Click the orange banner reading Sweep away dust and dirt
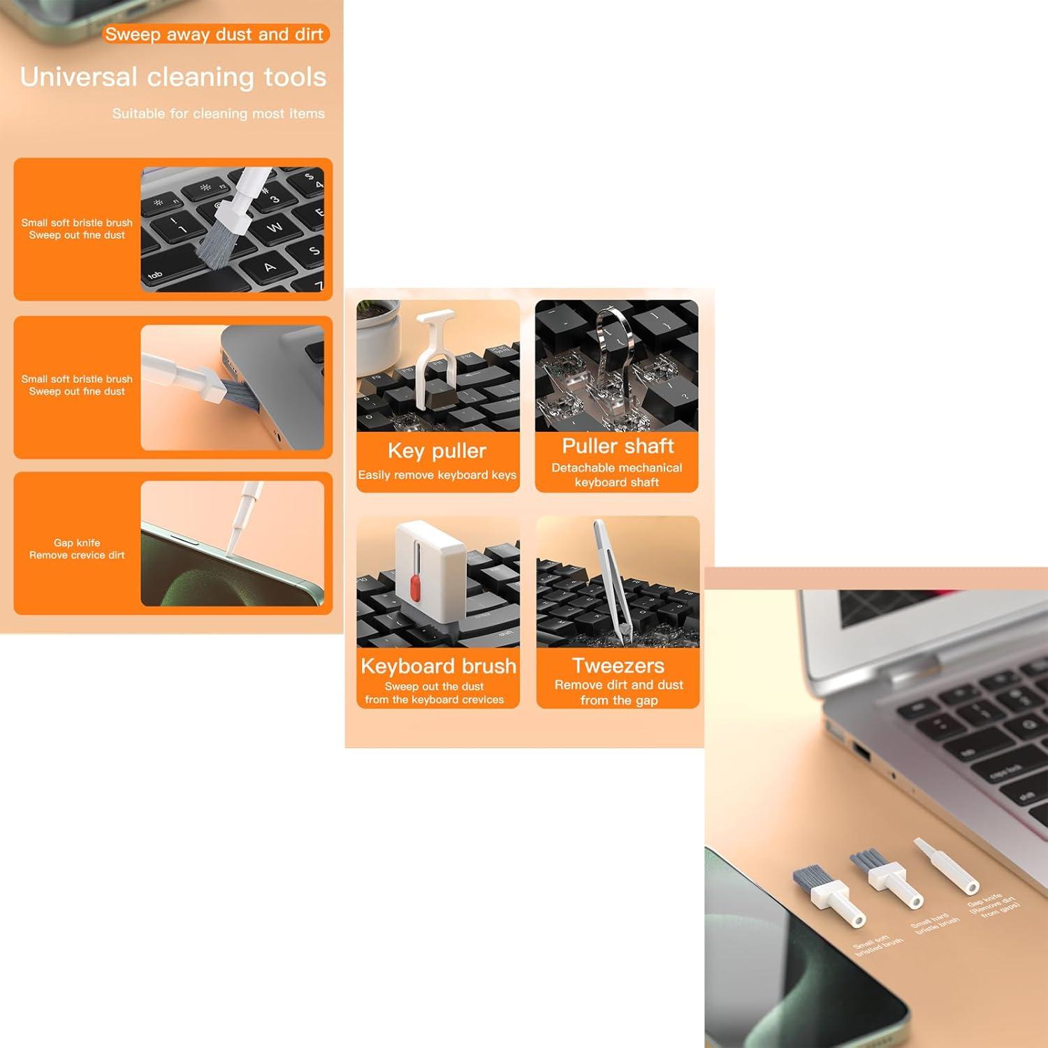coord(214,34)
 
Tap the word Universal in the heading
coord(78,77)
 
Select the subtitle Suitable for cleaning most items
coord(218,113)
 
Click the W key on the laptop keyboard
coord(274,227)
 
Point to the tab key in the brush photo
coord(155,275)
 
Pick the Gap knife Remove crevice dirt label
coord(77,549)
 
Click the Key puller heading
coord(437,451)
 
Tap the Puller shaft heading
coord(618,446)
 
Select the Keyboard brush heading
coord(438,666)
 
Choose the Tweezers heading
coord(618,665)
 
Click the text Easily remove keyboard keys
coord(437,475)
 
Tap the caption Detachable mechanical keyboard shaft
coord(617,475)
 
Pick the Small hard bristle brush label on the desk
coord(935,924)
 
